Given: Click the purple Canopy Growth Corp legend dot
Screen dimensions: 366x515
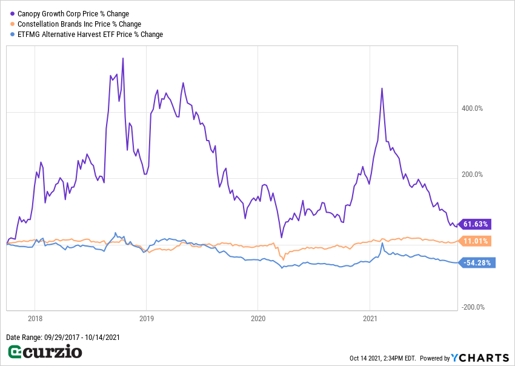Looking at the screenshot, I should coord(12,14).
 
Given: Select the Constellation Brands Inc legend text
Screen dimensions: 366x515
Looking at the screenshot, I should coord(79,24).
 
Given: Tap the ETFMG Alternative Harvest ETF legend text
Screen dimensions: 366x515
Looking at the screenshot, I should coord(90,35).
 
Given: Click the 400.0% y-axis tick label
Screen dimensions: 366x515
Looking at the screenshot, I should coord(472,108).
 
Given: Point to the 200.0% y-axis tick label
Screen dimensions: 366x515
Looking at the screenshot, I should coord(472,175).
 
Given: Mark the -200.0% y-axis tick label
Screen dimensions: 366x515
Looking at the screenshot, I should coord(472,307).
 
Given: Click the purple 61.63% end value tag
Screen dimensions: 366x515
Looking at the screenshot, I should coord(476,224).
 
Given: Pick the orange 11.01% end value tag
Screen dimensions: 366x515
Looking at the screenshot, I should coord(476,241).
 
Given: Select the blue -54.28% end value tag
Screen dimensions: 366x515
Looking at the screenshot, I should coord(478,263).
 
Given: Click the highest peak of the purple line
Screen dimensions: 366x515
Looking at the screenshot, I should coord(123,59).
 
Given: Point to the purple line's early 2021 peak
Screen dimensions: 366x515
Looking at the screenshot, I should coord(382,88).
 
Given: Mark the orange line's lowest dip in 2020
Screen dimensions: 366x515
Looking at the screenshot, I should coord(283,259).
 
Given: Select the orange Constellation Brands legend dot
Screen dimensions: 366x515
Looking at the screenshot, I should coord(12,24).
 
